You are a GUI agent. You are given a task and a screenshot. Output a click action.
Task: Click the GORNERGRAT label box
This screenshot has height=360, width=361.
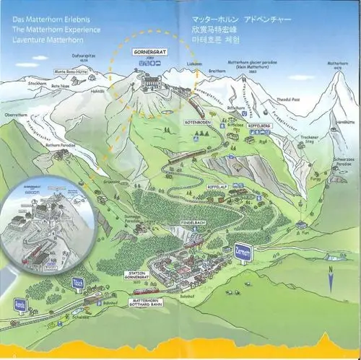coord(149,53)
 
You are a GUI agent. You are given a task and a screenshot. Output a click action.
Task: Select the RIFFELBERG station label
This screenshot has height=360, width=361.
coord(259,124)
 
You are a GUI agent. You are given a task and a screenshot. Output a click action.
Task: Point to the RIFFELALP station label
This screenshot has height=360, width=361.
coord(217,186)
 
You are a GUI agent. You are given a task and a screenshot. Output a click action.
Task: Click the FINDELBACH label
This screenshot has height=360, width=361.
coord(193,223)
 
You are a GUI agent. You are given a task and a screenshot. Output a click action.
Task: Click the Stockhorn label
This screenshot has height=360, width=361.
coord(37,84)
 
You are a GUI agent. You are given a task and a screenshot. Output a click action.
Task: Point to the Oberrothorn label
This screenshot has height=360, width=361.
coord(15,113)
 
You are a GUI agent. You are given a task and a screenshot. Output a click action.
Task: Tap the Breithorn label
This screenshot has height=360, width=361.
coord(217,71)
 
